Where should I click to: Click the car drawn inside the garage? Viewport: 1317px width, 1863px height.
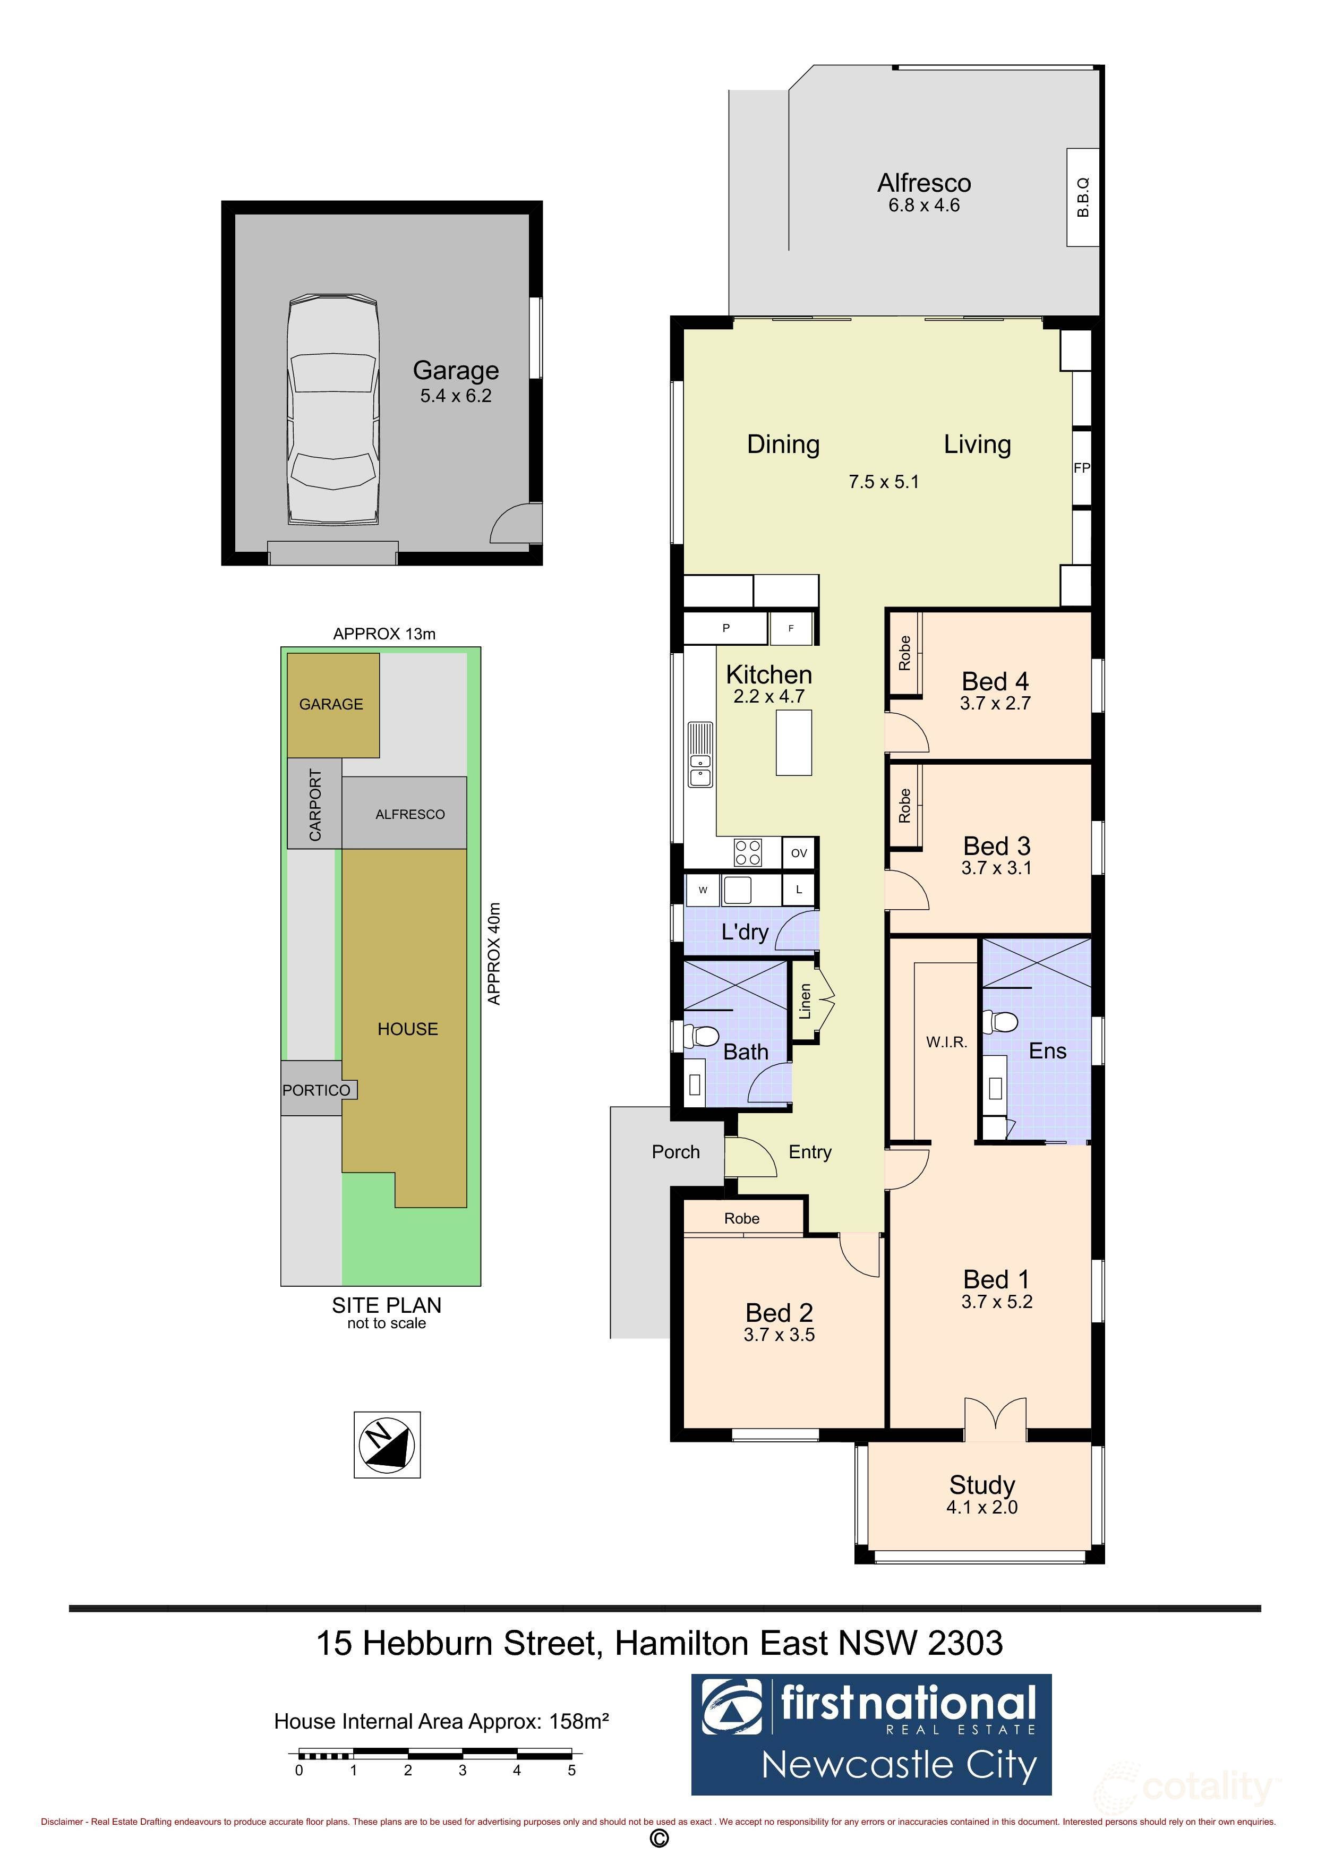[332, 410]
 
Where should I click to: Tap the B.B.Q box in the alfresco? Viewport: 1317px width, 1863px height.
[1082, 197]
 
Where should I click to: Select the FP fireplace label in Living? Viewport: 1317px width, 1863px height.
[1082, 468]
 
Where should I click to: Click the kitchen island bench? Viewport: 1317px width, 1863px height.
[793, 741]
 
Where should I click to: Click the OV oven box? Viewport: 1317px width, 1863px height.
[799, 853]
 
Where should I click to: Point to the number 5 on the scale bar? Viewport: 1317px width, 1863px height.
[571, 1771]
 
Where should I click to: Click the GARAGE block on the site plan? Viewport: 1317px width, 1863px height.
[332, 704]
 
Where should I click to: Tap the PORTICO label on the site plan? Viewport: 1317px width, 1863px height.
[317, 1090]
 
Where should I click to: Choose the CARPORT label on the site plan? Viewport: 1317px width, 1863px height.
[315, 805]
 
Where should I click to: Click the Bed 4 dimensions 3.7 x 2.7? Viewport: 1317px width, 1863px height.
[995, 704]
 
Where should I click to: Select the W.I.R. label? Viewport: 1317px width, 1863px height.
[947, 1042]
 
